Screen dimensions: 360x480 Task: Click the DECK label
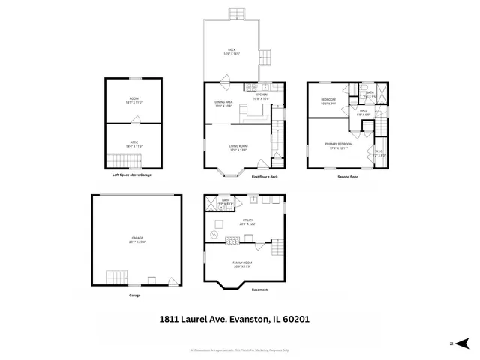[232, 52]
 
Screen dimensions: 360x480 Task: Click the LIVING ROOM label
[239, 148]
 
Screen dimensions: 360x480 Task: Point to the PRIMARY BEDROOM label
[339, 145]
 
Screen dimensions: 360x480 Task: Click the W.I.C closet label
[379, 154]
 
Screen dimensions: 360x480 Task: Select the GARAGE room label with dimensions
[136, 240]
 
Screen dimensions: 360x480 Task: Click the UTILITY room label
[247, 222]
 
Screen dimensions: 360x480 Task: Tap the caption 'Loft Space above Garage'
[136, 175]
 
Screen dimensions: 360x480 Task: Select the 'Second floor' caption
[348, 176]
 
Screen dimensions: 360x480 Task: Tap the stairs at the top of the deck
[238, 13]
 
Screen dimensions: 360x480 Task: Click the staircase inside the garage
[115, 277]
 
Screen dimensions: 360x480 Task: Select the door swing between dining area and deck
[226, 77]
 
